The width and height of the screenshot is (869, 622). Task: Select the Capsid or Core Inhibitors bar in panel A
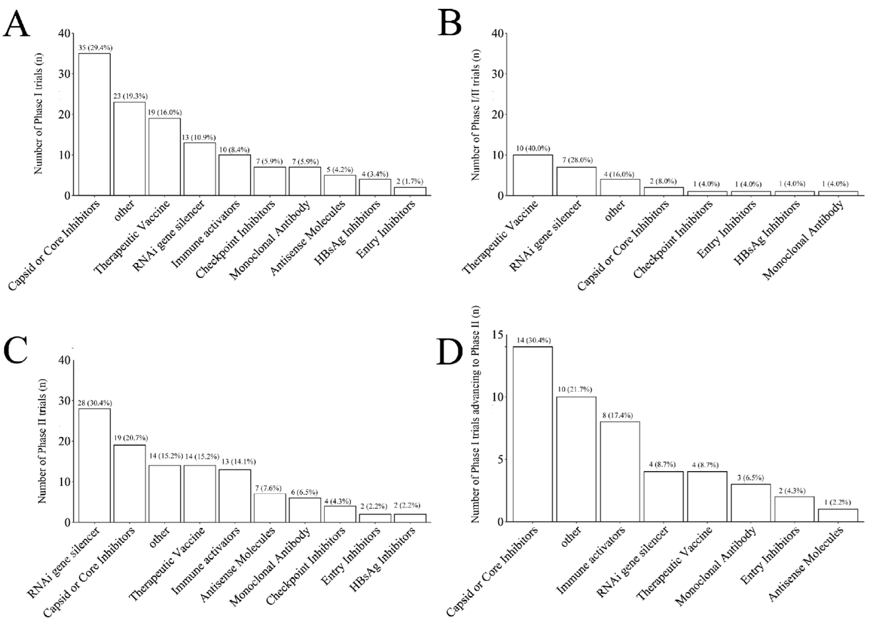click(x=94, y=124)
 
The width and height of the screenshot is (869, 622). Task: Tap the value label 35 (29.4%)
click(x=95, y=48)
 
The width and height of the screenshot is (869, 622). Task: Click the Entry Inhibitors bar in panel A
click(x=410, y=191)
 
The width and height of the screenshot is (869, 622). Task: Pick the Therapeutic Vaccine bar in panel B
click(x=532, y=175)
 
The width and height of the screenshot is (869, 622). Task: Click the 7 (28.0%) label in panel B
click(x=577, y=160)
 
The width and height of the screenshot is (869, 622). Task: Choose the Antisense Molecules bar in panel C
click(x=270, y=507)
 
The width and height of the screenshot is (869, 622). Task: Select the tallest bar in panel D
click(x=532, y=434)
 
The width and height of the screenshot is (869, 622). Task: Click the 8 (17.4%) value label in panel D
click(x=620, y=416)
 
